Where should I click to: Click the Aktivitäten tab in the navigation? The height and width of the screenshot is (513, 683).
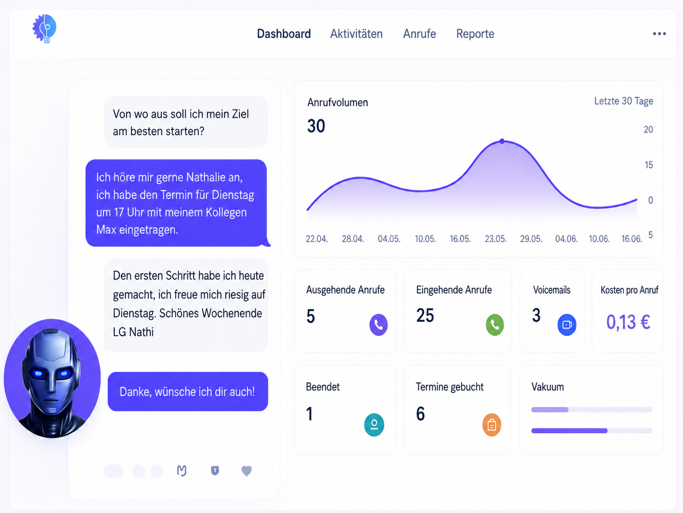coord(356,34)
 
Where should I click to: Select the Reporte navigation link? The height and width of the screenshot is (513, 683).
coord(475,34)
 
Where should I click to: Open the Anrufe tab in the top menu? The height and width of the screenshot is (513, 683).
coord(420,34)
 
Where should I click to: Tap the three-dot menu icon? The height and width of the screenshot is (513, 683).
coord(659,34)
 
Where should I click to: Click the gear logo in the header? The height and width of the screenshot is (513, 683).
coord(44,28)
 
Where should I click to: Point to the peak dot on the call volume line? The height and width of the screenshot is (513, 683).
coord(502,141)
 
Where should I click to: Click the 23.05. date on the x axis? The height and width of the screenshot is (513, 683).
coord(496,239)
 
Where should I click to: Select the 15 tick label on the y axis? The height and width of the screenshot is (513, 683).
coord(649,165)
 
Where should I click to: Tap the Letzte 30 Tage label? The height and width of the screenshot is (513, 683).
coord(624,101)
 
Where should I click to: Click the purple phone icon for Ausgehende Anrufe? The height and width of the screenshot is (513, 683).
coord(379,325)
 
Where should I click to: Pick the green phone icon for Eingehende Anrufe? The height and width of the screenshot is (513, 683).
coord(495,325)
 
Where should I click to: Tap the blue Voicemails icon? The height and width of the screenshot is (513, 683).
coord(566,325)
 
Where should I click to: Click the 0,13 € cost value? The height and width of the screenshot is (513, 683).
coord(628,322)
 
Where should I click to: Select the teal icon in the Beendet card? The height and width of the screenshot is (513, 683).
coord(374,425)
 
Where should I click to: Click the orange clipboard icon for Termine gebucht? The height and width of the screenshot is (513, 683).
coord(492,425)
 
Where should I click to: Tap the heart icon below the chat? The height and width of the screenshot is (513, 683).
coord(246,471)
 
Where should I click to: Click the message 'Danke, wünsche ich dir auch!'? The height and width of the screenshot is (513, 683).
coord(188,391)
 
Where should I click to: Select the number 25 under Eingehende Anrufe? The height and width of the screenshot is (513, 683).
coord(425,315)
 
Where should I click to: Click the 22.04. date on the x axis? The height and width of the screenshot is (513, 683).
coord(317,239)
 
